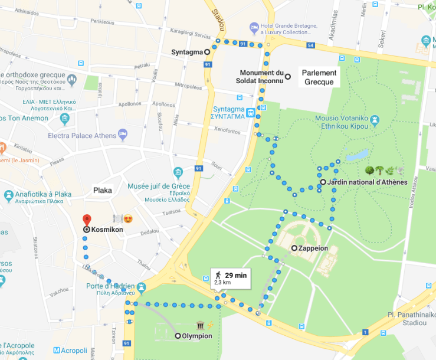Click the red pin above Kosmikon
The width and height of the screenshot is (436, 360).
pyautogui.click(x=87, y=220)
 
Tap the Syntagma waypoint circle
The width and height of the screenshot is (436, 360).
pyautogui.click(x=208, y=52)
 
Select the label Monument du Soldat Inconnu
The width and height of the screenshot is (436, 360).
pyautogui.click(x=260, y=76)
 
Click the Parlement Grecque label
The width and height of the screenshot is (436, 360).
pyautogui.click(x=319, y=77)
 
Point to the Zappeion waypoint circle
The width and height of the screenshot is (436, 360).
pyautogui.click(x=294, y=248)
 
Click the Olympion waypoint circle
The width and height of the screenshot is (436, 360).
pyautogui.click(x=178, y=336)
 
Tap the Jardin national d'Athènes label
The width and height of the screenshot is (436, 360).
pyautogui.click(x=366, y=182)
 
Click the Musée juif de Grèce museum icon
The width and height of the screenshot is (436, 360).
pyautogui.click(x=178, y=172)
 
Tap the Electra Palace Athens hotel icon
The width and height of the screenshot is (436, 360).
pyautogui.click(x=123, y=135)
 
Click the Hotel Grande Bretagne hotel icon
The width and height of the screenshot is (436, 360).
pyautogui.click(x=254, y=27)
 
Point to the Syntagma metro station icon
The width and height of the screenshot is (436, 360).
pyautogui.click(x=251, y=112)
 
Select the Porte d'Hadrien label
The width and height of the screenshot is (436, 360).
pyautogui.click(x=107, y=287)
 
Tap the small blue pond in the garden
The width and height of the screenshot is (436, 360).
pyautogui.click(x=358, y=156)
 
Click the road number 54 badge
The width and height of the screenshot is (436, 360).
pyautogui.click(x=311, y=45)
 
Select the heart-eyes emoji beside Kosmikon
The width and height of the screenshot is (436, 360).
pyautogui.click(x=127, y=219)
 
